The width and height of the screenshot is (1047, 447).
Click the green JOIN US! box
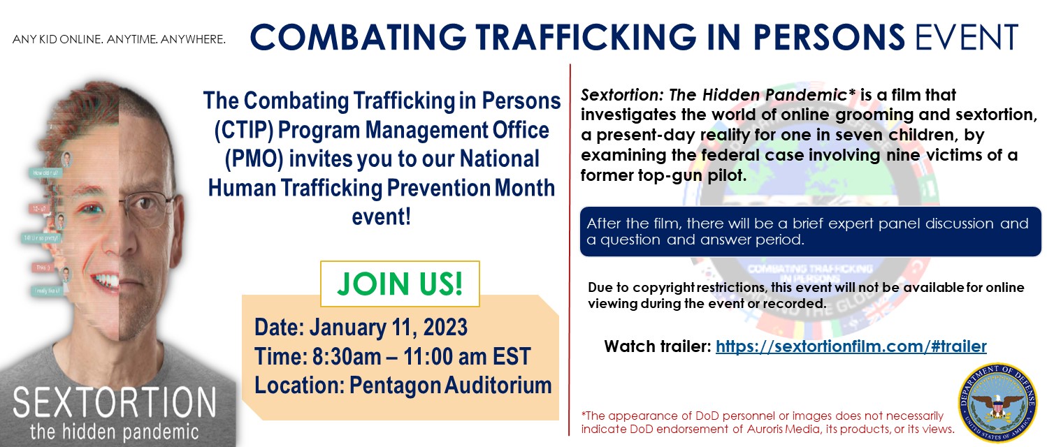point(400,284)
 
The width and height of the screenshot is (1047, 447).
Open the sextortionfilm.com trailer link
point(851,346)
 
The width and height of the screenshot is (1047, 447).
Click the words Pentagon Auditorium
point(447,386)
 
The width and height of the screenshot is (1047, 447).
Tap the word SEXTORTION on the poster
point(115,404)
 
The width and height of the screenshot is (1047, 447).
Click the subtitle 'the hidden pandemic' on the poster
point(115,431)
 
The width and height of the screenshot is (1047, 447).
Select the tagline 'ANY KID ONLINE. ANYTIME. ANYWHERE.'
point(119,38)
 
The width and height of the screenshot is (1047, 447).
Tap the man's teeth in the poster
point(111,281)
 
